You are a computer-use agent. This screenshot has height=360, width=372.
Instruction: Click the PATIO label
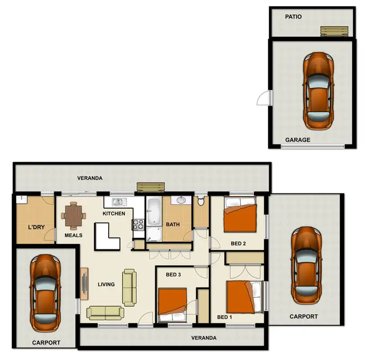point(293,16)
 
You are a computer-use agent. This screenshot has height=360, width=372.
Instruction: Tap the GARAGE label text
point(298,140)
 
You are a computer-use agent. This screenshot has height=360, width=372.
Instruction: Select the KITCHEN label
point(114,214)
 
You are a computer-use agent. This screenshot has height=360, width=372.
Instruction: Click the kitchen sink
point(119,202)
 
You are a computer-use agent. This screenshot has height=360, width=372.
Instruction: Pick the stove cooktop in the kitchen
point(138,224)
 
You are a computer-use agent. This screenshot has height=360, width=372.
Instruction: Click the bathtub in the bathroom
point(153,211)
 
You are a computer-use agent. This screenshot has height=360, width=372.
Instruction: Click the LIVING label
point(106,284)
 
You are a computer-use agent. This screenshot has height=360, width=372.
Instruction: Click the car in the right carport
point(306,265)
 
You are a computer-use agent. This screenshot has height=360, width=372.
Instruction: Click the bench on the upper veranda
point(150,187)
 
